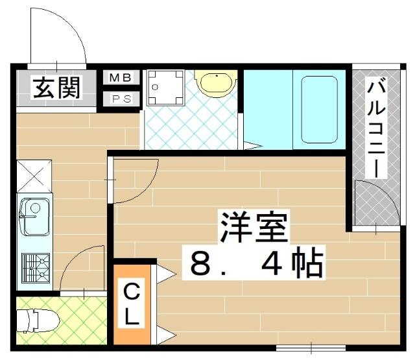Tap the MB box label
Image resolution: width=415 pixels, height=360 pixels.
coord(121,78)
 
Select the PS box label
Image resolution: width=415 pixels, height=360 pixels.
coord(121,99)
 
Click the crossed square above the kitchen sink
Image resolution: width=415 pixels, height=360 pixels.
coord(34,176)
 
